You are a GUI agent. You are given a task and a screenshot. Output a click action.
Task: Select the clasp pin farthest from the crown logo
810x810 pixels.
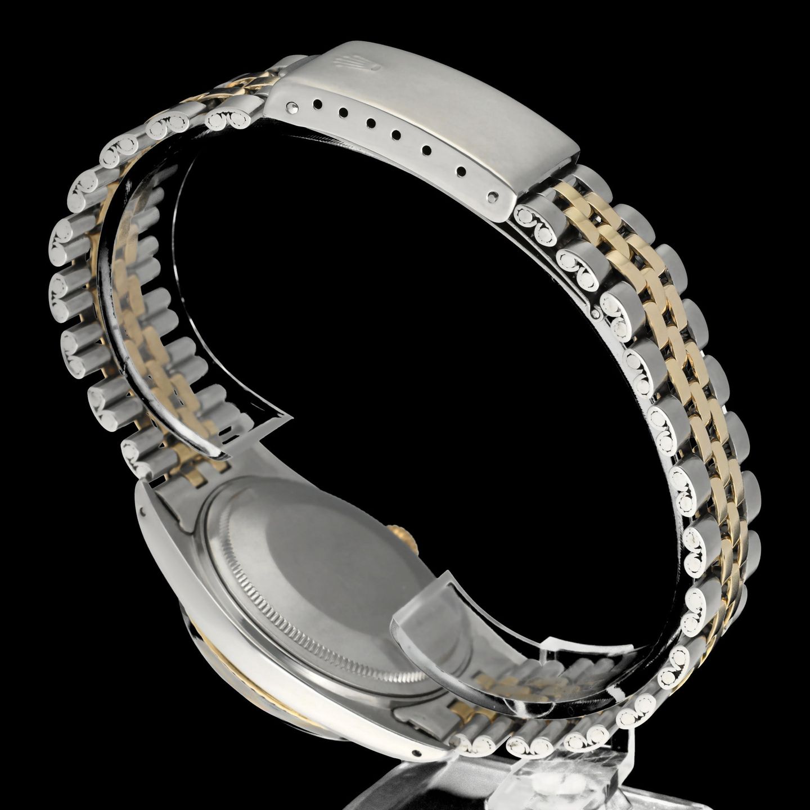(x=494, y=196)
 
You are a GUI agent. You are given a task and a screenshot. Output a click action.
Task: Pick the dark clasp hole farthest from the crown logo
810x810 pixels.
(x=462, y=170)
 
